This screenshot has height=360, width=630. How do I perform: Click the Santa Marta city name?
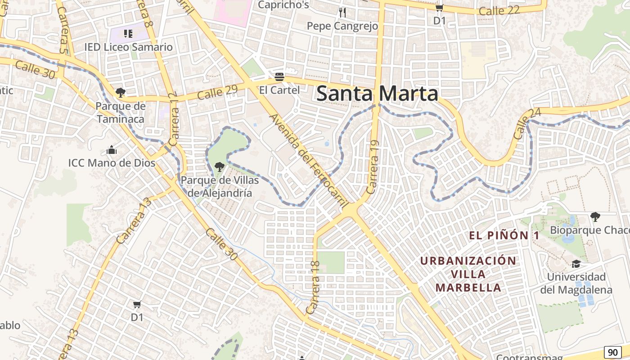[x=377, y=94]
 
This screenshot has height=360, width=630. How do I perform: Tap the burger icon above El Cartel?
[x=279, y=76]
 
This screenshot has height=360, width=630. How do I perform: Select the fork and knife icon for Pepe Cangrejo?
[x=342, y=12]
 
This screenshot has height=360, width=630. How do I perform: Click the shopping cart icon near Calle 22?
[x=439, y=8]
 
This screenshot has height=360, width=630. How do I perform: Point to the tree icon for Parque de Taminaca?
[x=120, y=93]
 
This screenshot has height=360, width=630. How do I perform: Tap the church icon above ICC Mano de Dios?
[x=112, y=150]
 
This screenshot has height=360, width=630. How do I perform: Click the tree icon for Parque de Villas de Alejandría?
[x=220, y=167]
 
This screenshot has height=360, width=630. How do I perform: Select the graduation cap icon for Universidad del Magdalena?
[x=576, y=264]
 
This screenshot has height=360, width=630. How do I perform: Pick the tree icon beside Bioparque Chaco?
[x=595, y=217]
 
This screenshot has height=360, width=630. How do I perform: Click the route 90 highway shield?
[x=612, y=352]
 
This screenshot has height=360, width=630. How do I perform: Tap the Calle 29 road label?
[x=217, y=92]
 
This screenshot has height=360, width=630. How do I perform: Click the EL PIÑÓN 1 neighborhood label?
[x=504, y=235]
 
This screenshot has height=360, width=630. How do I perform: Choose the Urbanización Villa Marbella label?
[x=468, y=274]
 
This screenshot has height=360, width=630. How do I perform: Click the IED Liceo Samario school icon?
[x=128, y=33]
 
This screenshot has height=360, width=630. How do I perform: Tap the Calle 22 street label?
[x=499, y=10]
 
